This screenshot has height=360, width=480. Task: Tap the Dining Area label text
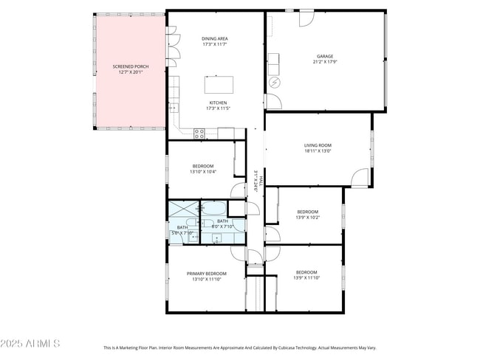click(214, 41)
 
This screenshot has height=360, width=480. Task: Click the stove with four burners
click(199, 133)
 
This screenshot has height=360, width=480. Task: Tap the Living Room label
click(318, 148)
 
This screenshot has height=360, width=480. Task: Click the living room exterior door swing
click(359, 178)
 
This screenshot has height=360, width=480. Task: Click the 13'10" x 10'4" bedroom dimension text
click(202, 172)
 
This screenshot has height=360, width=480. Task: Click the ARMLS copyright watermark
click(30, 344)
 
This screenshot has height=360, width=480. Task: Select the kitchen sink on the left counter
click(175, 108)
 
